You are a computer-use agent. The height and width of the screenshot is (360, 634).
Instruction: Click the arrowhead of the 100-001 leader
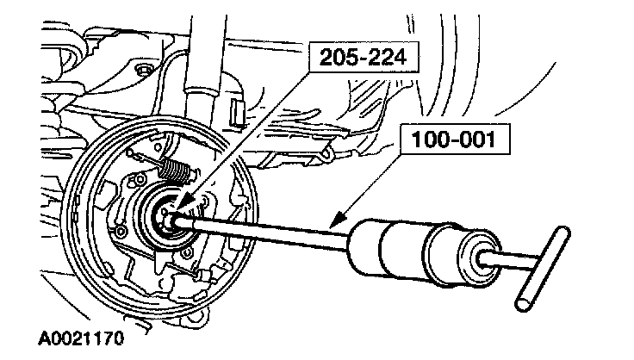point(339,228)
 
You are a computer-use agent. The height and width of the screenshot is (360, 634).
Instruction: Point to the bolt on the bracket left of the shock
point(144,70)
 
